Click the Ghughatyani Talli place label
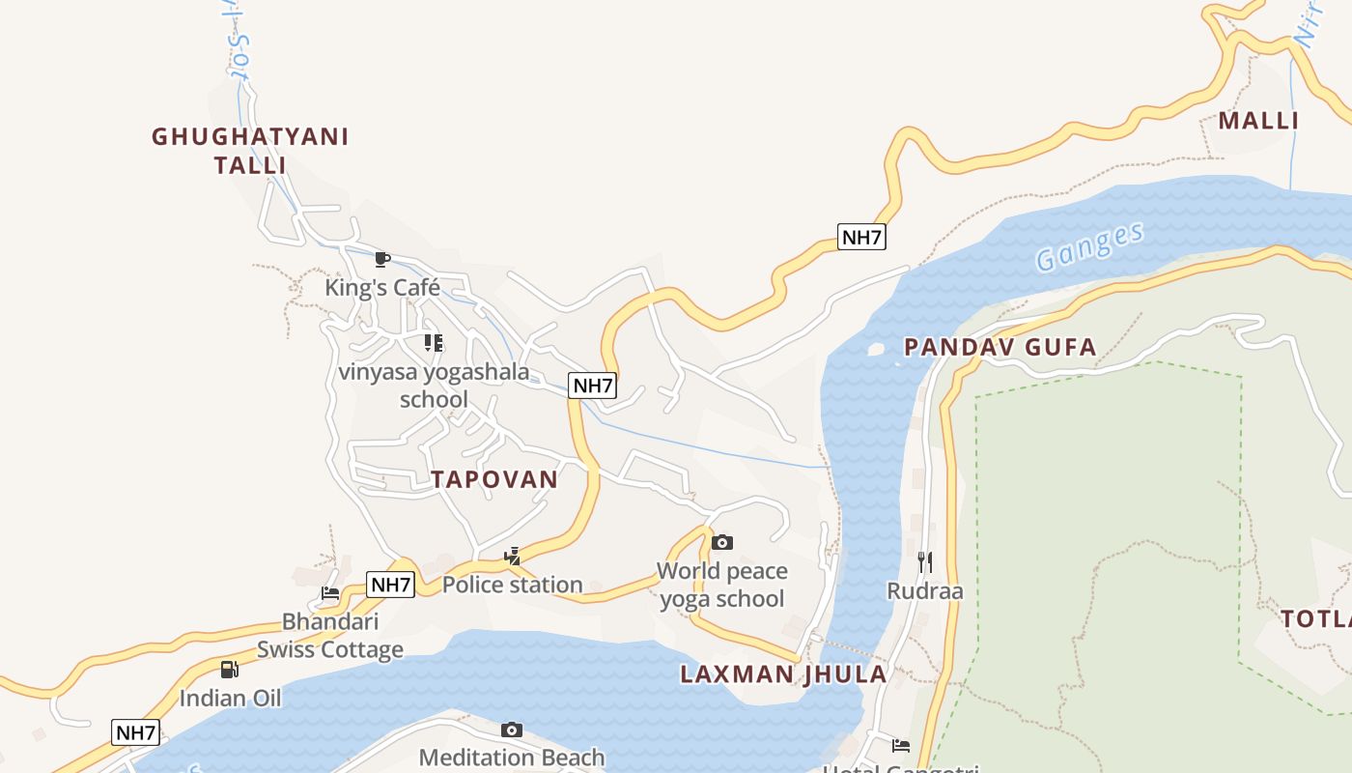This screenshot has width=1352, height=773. (250, 151)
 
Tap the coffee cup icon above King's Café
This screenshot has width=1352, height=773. (382, 259)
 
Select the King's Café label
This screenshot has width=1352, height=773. (382, 288)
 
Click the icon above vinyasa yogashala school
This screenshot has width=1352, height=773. (434, 343)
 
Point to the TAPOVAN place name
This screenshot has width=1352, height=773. (494, 479)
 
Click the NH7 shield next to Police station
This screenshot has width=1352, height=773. (391, 585)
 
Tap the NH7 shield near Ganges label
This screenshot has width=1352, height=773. (861, 237)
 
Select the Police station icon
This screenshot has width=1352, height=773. (513, 556)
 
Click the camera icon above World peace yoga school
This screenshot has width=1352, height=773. (722, 543)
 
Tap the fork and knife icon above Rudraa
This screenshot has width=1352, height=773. (925, 562)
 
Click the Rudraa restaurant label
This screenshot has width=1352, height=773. (925, 591)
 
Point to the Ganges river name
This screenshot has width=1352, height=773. (1089, 246)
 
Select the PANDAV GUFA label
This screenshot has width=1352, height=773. (1000, 347)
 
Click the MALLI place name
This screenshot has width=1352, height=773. (1258, 121)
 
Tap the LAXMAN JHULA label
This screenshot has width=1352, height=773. (783, 674)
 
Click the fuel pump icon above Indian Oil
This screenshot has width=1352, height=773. (230, 670)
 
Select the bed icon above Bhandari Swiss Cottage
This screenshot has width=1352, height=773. (330, 593)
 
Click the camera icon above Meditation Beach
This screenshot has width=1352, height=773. (512, 730)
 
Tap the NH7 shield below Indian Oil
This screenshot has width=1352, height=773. (135, 732)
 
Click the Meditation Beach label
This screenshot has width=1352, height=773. (512, 758)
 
